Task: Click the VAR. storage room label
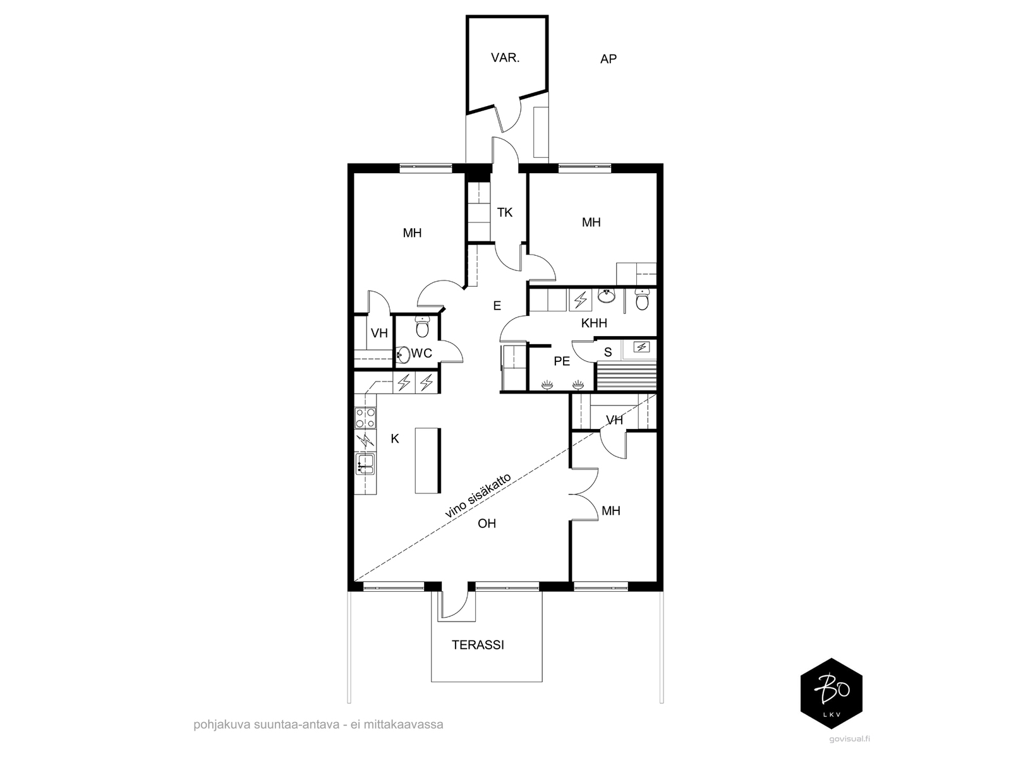pyautogui.click(x=505, y=58)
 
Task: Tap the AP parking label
pyautogui.click(x=608, y=59)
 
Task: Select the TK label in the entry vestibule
pyautogui.click(x=505, y=212)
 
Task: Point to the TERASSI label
pyautogui.click(x=478, y=645)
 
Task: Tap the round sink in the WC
pyautogui.click(x=404, y=355)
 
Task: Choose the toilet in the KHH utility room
pyautogui.click(x=641, y=299)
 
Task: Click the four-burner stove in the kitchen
pyautogui.click(x=365, y=418)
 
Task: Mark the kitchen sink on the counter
pyautogui.click(x=365, y=463)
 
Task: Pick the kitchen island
pyautogui.click(x=428, y=460)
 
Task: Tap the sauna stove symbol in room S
pyautogui.click(x=641, y=347)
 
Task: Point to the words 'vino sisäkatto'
pyautogui.click(x=478, y=496)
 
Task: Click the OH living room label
pyautogui.click(x=487, y=523)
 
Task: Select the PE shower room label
pyautogui.click(x=562, y=361)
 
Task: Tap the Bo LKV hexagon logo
pyautogui.click(x=832, y=693)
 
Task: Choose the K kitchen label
pyautogui.click(x=395, y=439)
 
